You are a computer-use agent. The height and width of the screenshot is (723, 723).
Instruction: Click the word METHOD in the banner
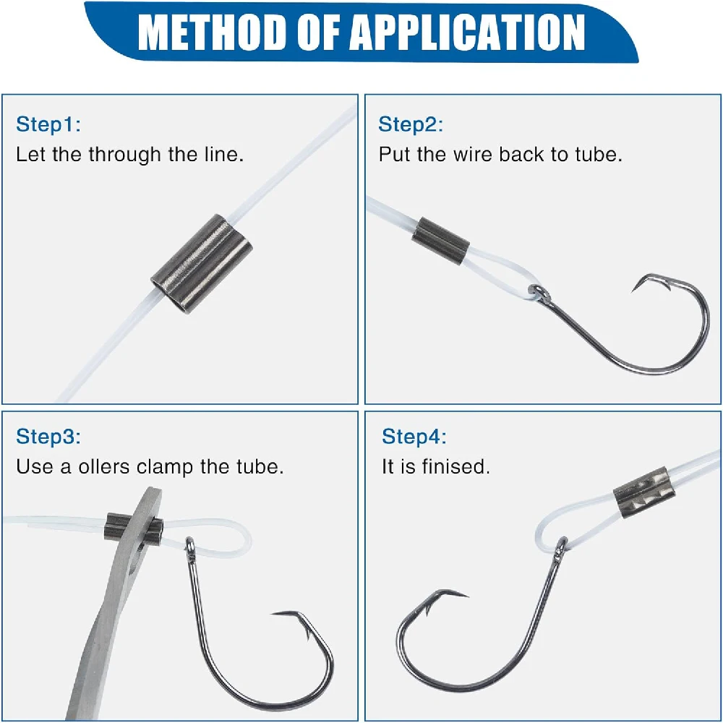click(212, 33)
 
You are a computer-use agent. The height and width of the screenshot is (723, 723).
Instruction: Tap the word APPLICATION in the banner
click(469, 33)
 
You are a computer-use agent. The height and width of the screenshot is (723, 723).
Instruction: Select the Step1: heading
click(48, 124)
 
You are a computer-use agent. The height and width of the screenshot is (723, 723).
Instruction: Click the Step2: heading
click(411, 124)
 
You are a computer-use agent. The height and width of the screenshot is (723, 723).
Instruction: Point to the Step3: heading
click(48, 437)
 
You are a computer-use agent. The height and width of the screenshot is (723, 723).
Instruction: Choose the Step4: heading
click(414, 437)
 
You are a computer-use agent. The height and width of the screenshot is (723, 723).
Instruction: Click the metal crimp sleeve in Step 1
click(202, 264)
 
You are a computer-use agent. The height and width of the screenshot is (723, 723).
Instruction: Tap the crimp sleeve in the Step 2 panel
click(440, 241)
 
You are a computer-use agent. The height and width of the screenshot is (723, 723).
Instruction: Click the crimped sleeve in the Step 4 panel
click(644, 492)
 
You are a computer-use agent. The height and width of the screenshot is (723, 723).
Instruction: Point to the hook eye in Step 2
click(539, 293)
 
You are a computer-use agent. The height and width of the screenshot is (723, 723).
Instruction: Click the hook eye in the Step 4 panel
click(562, 547)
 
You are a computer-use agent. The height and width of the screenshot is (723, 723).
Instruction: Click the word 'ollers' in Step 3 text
click(103, 466)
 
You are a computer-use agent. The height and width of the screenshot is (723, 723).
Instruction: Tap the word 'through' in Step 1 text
click(124, 155)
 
